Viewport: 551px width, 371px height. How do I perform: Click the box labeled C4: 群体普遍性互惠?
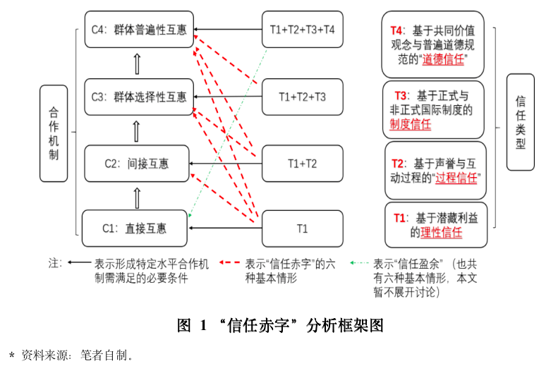click(138, 30)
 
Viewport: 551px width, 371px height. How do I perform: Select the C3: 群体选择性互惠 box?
click(138, 97)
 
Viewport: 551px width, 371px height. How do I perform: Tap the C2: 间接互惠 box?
click(138, 164)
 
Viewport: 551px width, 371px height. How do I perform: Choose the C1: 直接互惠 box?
click(135, 228)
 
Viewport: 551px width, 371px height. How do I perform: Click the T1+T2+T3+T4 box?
click(302, 30)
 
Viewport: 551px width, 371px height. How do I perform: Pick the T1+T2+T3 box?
click(302, 97)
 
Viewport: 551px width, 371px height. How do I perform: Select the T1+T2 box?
click(302, 164)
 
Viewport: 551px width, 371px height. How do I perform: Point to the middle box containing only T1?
click(302, 228)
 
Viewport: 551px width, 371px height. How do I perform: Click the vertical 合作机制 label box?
click(54, 133)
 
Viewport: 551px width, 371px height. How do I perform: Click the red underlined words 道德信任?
click(444, 60)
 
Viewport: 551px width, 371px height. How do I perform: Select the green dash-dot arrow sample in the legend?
click(359, 262)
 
